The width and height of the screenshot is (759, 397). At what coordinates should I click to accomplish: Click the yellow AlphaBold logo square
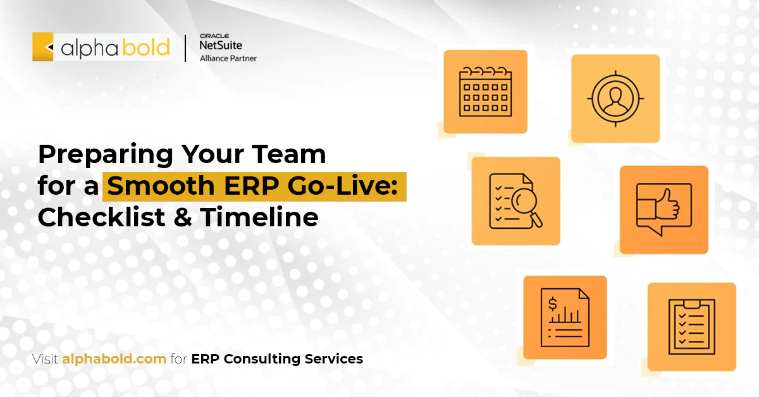43,47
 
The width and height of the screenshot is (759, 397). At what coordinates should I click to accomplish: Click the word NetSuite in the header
220,46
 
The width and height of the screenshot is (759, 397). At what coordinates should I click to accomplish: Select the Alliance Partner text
228,59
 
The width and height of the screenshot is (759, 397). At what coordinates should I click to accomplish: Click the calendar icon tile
485,92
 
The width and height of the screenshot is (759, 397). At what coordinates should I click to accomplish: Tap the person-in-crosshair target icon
615,98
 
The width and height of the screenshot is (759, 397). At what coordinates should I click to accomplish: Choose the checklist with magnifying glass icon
515,201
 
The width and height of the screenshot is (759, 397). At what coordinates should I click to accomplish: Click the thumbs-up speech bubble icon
663,209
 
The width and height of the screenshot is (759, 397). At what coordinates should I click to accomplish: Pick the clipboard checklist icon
691,326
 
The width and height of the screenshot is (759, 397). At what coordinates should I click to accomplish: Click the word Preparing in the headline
105,154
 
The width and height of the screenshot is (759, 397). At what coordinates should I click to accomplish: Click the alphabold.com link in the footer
114,359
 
